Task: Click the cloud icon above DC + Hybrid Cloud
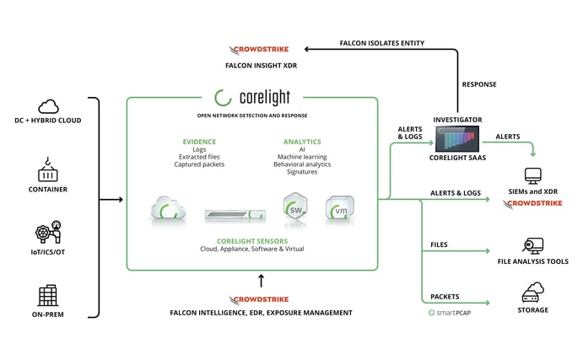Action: tap(47, 106)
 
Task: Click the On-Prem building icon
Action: tap(47, 295)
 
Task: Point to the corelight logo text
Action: tap(252, 97)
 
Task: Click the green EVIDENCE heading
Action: tap(199, 142)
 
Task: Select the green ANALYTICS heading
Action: tap(302, 142)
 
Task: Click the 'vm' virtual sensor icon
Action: tap(339, 208)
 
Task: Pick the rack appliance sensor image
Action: tap(236, 214)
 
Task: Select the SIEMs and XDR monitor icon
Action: tap(532, 176)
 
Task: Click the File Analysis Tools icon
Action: tap(532, 246)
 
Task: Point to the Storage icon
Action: tap(532, 294)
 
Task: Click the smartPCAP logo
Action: tap(447, 313)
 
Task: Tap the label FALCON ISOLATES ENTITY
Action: tap(381, 42)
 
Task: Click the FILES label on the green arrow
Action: tap(439, 244)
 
